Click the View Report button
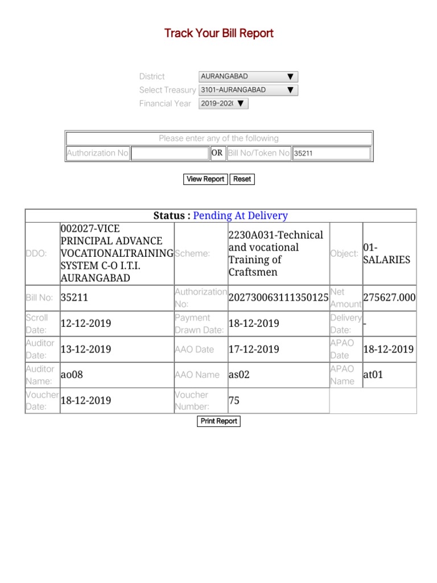(x=205, y=179)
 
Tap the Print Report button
(x=219, y=421)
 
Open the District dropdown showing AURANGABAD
(x=248, y=76)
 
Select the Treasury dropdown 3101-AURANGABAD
(x=248, y=90)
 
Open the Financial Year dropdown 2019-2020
(x=223, y=104)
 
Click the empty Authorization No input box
(x=170, y=153)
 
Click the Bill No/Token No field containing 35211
(x=331, y=153)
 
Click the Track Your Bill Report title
(x=218, y=33)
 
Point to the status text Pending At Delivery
(x=240, y=216)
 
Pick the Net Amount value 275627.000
(x=389, y=298)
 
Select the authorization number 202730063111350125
(x=278, y=298)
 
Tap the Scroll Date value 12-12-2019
(x=86, y=323)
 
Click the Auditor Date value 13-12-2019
(x=86, y=349)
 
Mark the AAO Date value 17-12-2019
(x=254, y=349)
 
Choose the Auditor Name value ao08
(x=72, y=375)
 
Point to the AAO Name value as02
(x=239, y=375)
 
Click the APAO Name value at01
(x=374, y=375)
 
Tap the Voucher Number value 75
(x=234, y=401)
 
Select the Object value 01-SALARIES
(x=386, y=253)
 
